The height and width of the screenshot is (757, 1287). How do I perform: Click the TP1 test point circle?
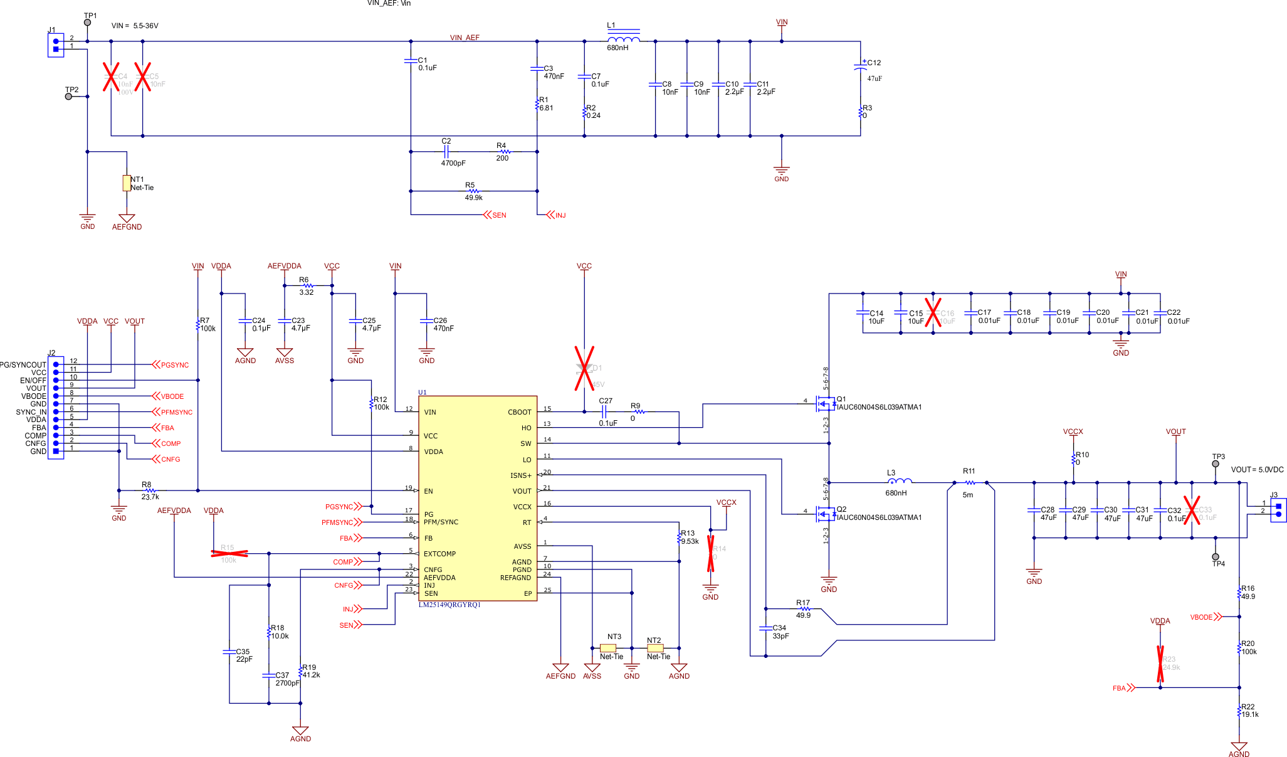point(87,23)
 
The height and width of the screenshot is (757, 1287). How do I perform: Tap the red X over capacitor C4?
point(111,77)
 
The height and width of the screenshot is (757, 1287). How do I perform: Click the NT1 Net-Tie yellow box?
point(127,183)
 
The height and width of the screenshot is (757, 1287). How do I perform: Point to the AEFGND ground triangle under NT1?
point(127,218)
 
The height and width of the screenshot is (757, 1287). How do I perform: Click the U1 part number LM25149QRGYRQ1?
point(449,605)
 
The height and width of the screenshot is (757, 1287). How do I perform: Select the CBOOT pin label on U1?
point(519,412)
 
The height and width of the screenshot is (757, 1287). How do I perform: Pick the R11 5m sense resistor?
point(970,483)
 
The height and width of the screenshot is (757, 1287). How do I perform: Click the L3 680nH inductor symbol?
point(900,481)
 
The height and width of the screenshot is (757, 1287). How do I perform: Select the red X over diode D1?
point(584,368)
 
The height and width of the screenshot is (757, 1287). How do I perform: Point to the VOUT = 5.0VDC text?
point(1257,470)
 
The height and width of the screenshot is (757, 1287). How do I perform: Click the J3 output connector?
point(1278,510)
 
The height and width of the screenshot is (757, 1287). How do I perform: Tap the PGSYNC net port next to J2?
point(171,365)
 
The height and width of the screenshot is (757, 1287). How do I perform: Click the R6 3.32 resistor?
point(308,285)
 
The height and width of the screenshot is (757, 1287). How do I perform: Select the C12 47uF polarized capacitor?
point(860,67)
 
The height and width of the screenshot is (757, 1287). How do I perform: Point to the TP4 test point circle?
point(1216,557)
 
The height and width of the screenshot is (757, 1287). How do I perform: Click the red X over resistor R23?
point(1160,664)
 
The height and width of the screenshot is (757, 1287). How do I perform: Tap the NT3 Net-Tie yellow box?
point(608,648)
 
